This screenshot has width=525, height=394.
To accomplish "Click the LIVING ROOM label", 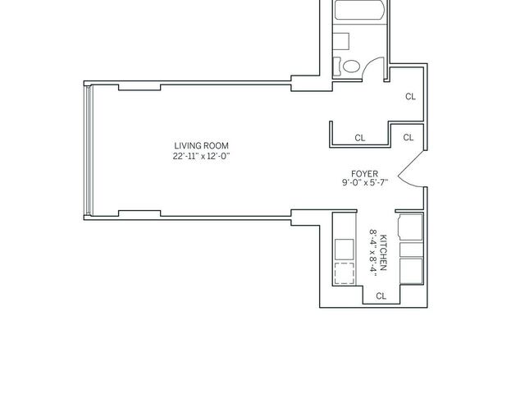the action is click(201, 146).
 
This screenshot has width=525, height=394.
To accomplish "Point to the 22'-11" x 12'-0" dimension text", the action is click(201, 156).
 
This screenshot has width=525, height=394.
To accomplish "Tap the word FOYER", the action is click(364, 174).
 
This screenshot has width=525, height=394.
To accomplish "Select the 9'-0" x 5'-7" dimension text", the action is click(364, 182).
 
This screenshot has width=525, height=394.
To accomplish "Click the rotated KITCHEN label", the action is click(384, 253).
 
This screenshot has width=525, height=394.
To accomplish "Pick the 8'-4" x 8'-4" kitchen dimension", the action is click(373, 253).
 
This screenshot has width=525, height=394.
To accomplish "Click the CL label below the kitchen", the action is click(381, 295).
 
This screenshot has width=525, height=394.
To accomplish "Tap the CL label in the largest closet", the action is click(410, 97).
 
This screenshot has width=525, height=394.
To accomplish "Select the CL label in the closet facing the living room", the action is click(360, 138).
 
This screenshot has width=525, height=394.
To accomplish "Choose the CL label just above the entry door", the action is click(409, 137).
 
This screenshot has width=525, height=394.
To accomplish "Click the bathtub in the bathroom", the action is click(358, 10).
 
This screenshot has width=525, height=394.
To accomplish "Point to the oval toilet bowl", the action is click(351, 66).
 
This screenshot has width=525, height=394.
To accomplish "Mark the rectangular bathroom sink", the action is click(341, 42).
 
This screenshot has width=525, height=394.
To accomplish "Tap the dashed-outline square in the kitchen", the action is click(345, 273).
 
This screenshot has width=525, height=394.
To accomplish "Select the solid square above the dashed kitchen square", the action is click(345, 250).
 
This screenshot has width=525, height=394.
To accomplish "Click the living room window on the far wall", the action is click(88, 149).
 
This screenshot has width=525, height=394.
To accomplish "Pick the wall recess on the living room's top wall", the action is click(139, 88).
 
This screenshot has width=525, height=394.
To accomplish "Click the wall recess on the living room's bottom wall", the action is click(139, 213).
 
